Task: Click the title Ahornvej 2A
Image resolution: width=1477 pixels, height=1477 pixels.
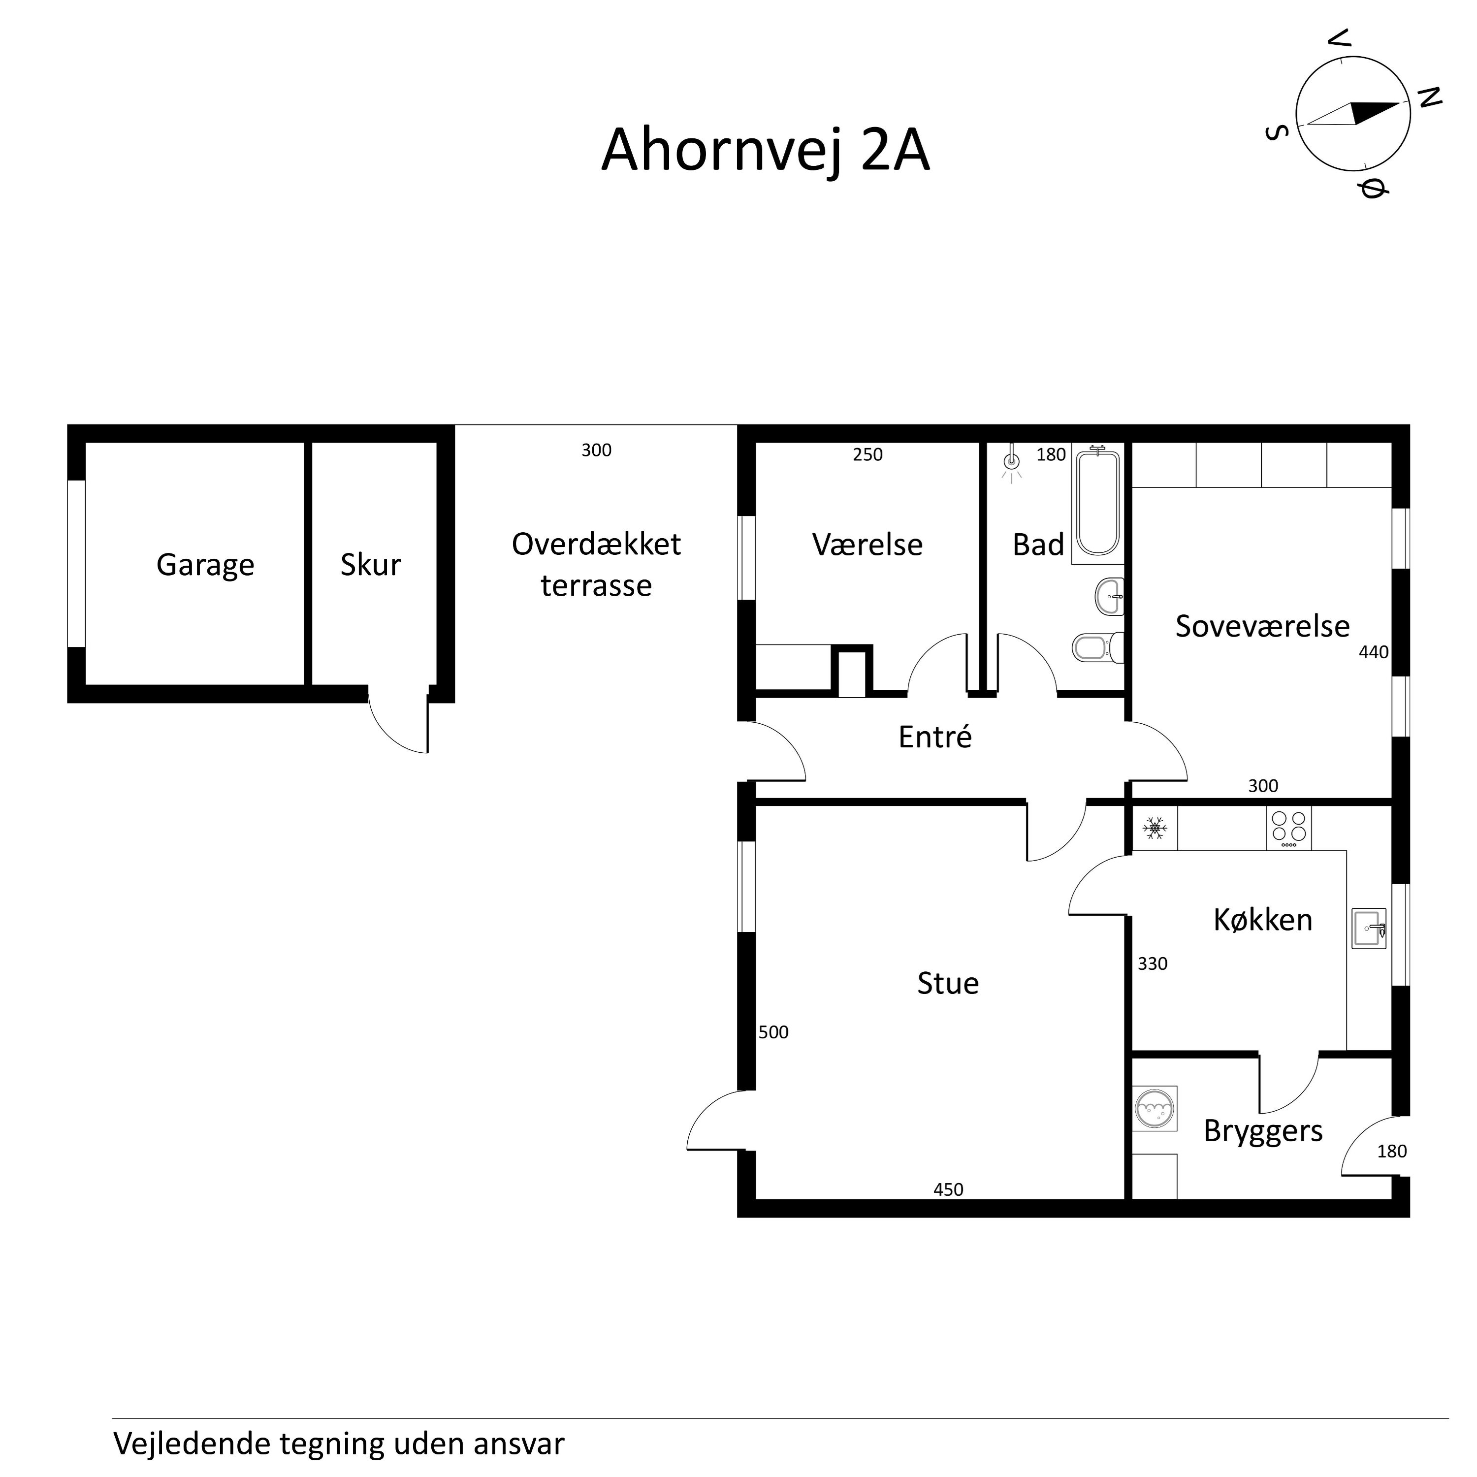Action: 765,150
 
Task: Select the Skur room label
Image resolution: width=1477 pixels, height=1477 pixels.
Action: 371,565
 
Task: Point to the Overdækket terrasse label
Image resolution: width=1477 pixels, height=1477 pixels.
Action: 596,565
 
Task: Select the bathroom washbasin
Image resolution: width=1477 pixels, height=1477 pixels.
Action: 1109,596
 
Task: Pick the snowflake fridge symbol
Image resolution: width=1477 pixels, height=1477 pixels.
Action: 1155,828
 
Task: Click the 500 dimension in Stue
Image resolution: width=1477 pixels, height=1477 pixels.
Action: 773,1032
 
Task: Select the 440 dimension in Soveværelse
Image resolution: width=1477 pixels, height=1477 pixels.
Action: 1373,652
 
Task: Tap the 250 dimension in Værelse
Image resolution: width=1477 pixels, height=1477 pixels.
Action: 867,455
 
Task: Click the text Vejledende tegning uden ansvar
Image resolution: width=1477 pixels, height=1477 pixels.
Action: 339,1444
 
